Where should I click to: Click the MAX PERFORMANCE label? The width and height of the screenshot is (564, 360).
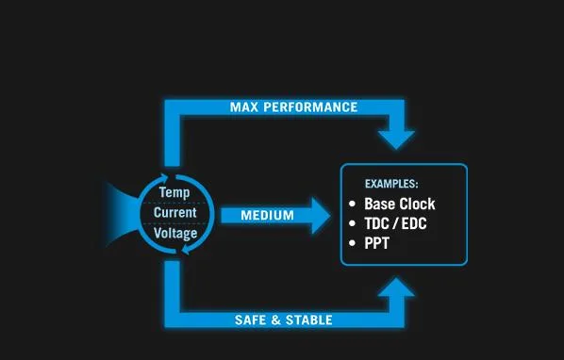pos(293,107)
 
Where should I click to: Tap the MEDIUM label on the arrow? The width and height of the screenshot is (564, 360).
pos(267,216)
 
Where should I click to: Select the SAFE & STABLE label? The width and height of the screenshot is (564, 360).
pos(283,320)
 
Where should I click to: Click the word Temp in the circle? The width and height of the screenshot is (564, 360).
pos(174,193)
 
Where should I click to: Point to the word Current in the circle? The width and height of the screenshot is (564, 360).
pos(174,212)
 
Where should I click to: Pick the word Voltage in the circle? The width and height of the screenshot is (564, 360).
pos(174,232)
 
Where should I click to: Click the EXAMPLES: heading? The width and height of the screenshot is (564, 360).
pos(391,184)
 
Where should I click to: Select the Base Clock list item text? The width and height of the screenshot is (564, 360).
pos(400,204)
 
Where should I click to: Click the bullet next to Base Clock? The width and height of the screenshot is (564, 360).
pos(352,205)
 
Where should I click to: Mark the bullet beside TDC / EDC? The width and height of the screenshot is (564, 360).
pos(352,224)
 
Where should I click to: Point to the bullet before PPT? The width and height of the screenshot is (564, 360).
pos(352,243)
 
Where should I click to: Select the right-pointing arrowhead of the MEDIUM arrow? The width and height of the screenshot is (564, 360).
pos(318,216)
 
